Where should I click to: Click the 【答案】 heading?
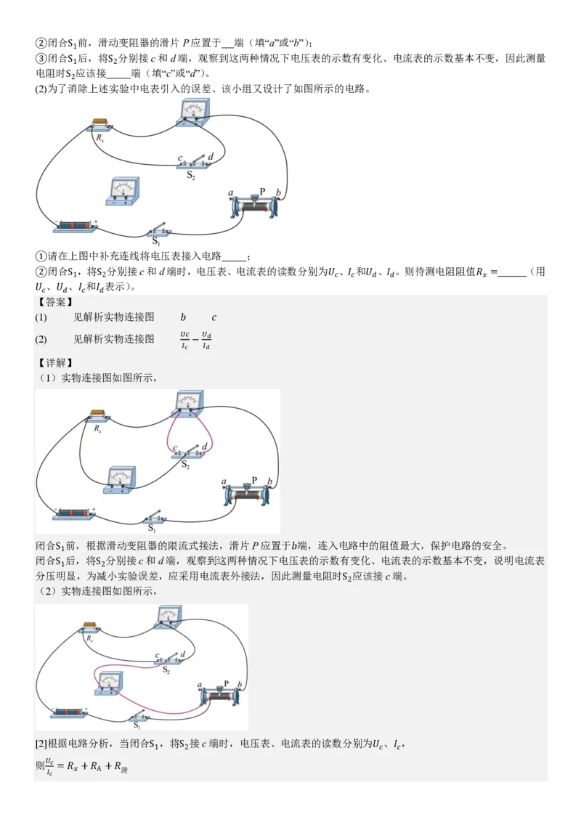click(54, 302)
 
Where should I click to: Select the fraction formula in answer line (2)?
click(196, 340)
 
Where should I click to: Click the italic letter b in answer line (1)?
click(183, 317)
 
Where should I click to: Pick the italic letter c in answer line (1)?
click(214, 317)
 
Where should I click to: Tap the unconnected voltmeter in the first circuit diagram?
click(123, 192)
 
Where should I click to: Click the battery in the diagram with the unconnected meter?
click(76, 227)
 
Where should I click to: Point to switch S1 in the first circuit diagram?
click(158, 232)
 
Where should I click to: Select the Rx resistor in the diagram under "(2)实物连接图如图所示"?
click(91, 627)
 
